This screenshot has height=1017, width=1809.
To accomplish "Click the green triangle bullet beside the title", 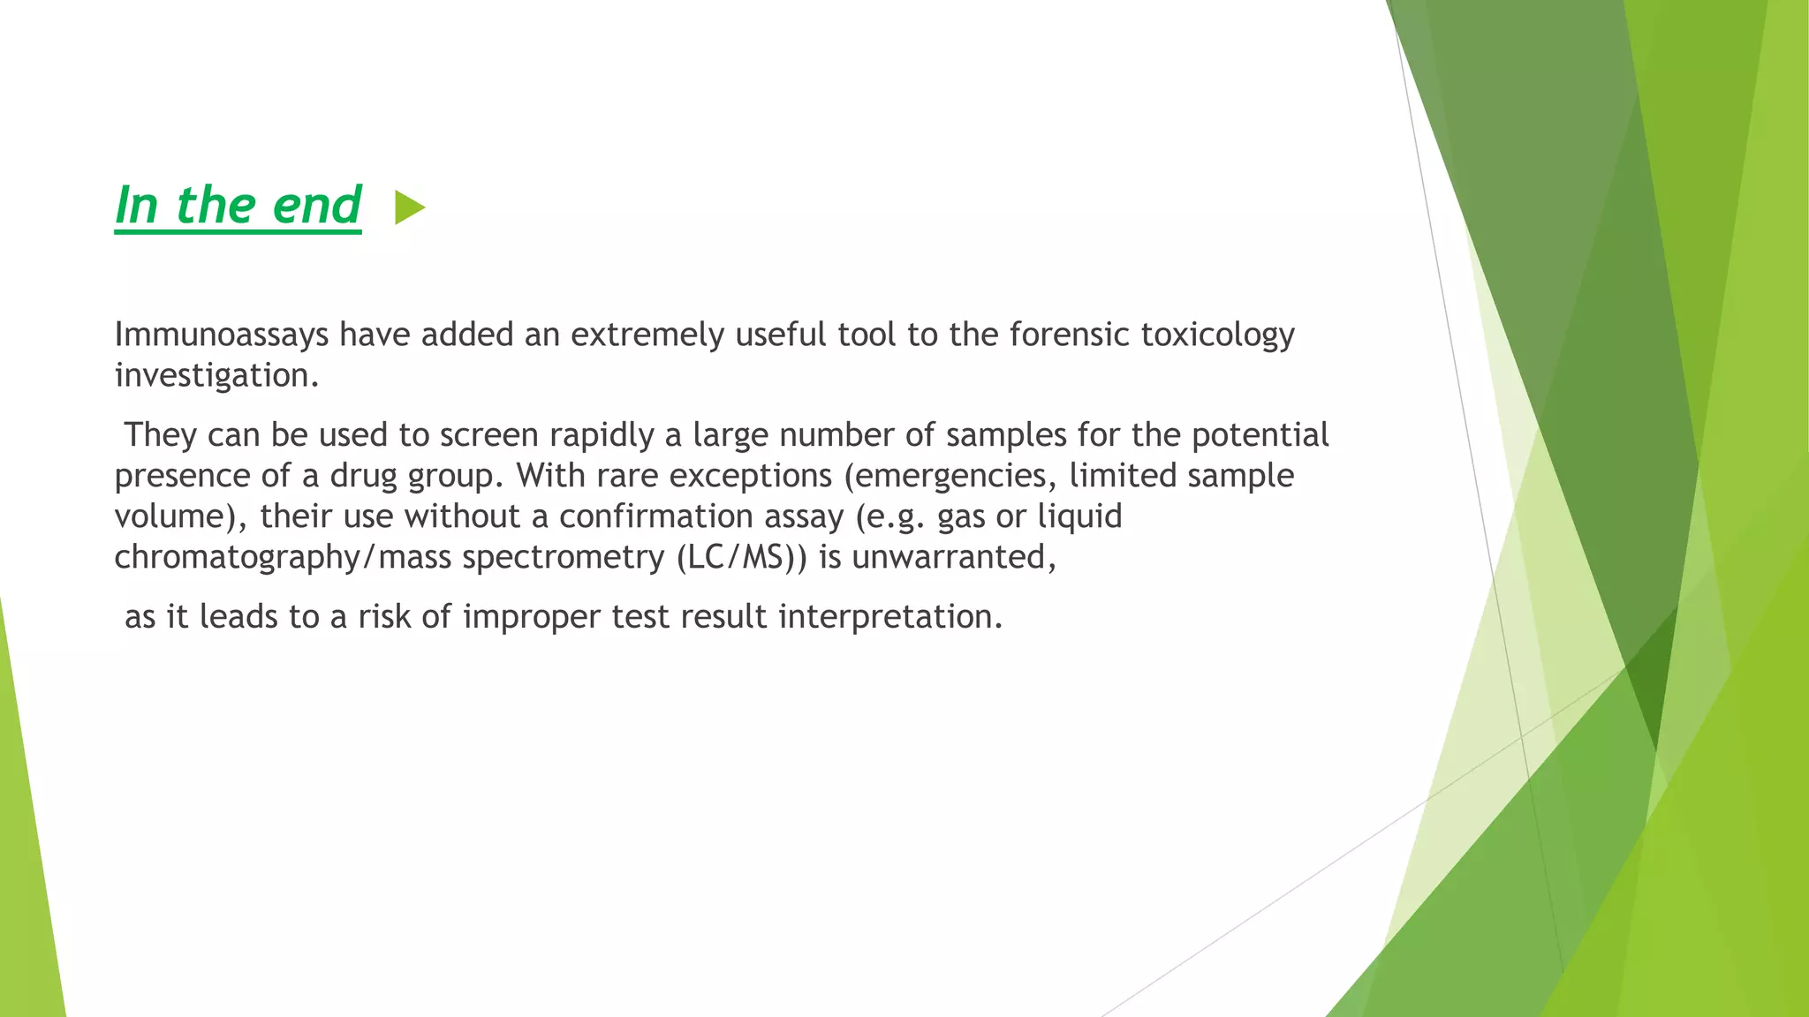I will tap(409, 208).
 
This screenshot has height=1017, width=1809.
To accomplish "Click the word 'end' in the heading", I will tap(317, 206).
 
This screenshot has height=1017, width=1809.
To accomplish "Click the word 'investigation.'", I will tap(216, 376).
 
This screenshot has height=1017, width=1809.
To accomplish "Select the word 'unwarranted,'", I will tap(954, 558).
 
